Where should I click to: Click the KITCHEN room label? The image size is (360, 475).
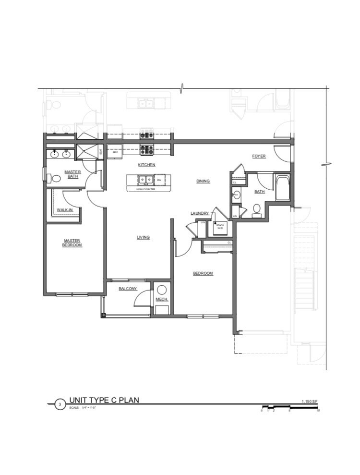(x=146, y=165)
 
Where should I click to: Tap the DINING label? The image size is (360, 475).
(x=204, y=181)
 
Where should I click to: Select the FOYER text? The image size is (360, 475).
(x=259, y=156)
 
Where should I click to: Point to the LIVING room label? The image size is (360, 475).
(x=143, y=237)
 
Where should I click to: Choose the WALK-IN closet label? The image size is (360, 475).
(x=64, y=210)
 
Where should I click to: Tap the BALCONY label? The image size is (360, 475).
(x=128, y=289)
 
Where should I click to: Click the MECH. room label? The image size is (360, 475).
(x=161, y=300)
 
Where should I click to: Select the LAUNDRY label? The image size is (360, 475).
(x=199, y=213)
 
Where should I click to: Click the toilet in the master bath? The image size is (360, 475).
(x=56, y=179)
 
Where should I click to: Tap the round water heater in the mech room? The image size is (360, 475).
(x=162, y=289)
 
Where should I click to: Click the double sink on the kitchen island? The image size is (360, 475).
(x=145, y=180)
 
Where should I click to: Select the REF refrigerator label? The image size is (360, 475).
(x=115, y=152)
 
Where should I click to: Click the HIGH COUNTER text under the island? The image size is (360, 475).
(x=146, y=189)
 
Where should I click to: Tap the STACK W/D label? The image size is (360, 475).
(x=220, y=226)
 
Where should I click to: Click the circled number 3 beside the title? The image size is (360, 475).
(x=60, y=404)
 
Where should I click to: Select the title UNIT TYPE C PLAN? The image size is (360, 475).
(x=104, y=400)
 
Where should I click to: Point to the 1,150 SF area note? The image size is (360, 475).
(x=310, y=401)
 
